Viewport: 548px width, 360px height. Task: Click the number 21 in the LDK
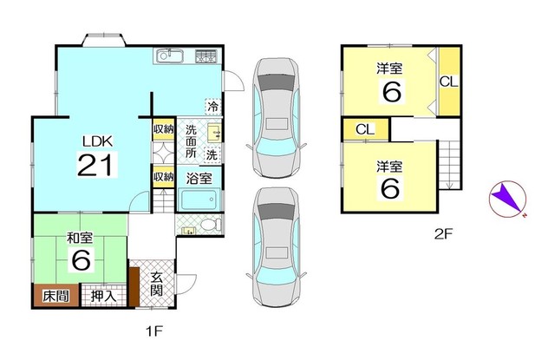(97, 165)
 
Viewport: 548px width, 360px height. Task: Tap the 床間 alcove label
(55, 297)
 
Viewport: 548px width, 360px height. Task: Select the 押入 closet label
(103, 297)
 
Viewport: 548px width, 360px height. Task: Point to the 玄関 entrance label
(157, 284)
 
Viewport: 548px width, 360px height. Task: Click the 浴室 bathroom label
(199, 179)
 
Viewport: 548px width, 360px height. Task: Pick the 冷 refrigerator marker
(212, 107)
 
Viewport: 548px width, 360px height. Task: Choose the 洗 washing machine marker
(212, 154)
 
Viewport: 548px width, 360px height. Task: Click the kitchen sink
(170, 56)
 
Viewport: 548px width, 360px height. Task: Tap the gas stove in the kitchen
(206, 56)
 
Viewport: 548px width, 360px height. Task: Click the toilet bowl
(211, 224)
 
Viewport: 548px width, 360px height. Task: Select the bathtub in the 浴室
(199, 200)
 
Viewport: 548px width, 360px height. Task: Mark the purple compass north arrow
(506, 198)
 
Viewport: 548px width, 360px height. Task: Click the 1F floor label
(154, 331)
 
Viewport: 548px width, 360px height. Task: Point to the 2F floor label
(444, 234)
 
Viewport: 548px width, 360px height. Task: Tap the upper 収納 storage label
(164, 128)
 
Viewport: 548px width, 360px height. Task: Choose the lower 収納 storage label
(164, 176)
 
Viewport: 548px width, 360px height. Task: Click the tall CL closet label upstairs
(449, 82)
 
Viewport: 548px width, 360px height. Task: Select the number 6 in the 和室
(82, 259)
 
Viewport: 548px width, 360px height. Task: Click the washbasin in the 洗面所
(214, 133)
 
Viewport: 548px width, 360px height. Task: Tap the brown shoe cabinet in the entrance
(134, 286)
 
